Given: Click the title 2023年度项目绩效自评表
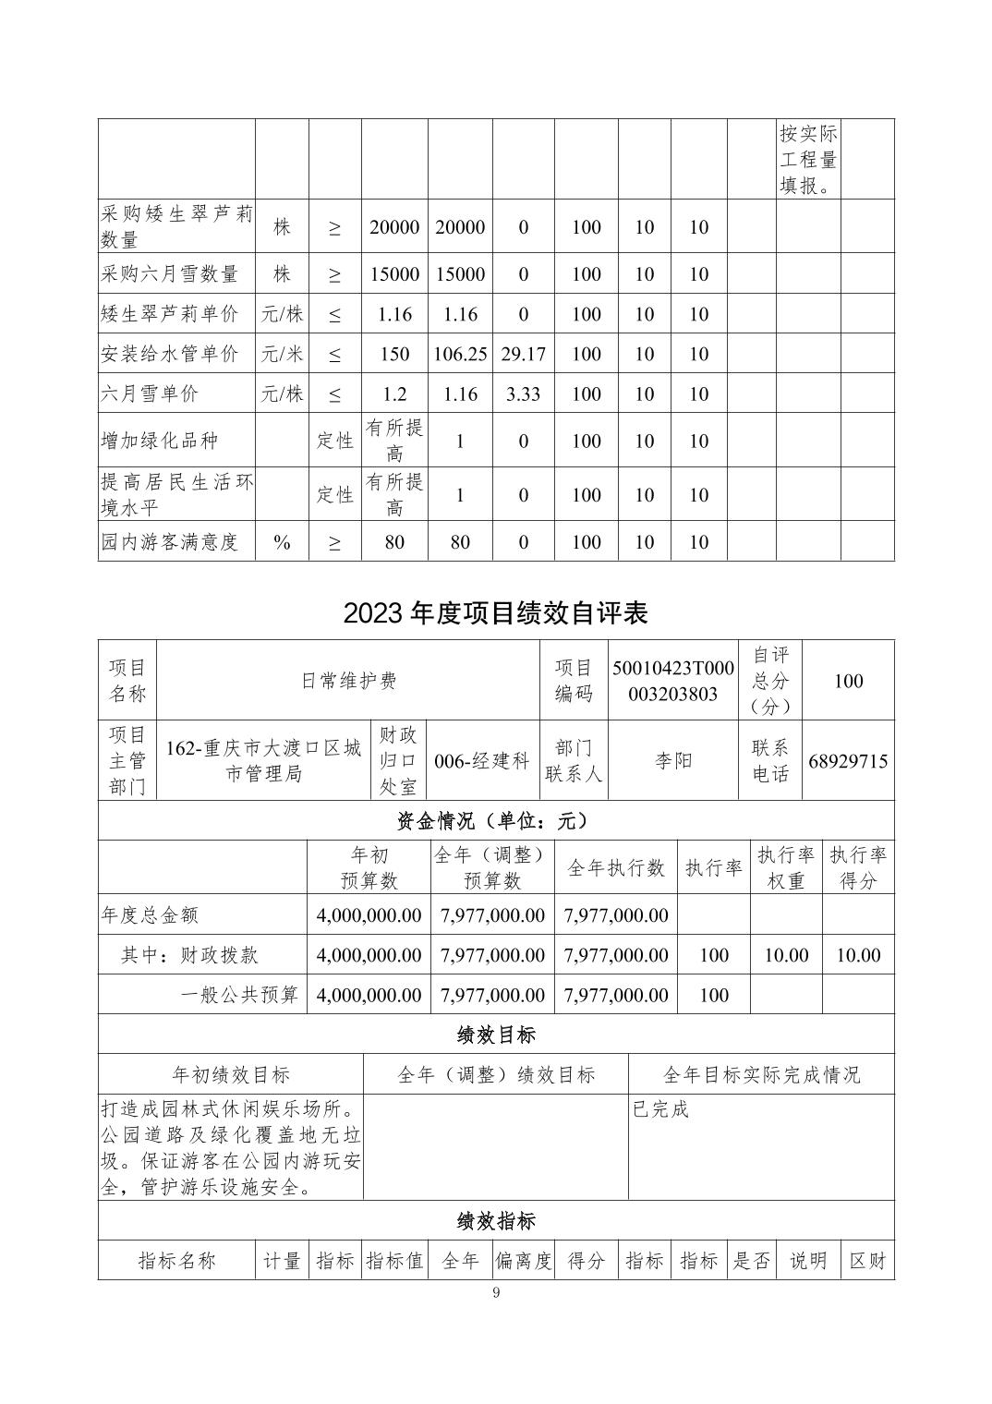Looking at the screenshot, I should (496, 613).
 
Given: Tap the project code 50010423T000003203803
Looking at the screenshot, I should (672, 681).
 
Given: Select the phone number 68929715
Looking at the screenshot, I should (848, 761).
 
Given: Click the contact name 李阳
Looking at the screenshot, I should (672, 761).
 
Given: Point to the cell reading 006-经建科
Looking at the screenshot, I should (482, 761).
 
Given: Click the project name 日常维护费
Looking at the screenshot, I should (348, 681).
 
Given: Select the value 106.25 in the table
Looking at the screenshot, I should (460, 354).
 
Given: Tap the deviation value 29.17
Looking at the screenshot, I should (523, 354).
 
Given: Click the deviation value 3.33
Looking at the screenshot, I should (523, 393).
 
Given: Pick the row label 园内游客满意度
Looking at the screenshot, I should (170, 542).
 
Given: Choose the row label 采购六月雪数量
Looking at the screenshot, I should (170, 273).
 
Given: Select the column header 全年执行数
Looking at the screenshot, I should (616, 867).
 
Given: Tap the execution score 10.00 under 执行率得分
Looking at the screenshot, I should (858, 955).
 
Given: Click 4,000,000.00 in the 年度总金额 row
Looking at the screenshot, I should (369, 915).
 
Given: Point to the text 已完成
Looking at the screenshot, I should (660, 1109).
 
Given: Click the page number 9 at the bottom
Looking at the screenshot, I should (497, 1292).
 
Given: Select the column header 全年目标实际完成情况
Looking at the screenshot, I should (761, 1074).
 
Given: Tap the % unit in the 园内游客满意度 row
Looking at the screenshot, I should (282, 542).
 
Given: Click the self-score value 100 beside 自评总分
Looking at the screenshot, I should (848, 681).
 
